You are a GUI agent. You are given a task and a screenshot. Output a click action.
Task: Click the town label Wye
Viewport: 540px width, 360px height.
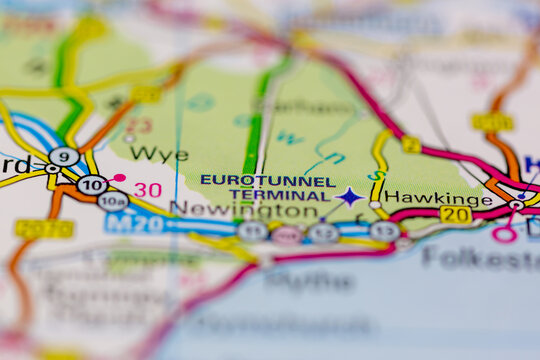pos(158,154)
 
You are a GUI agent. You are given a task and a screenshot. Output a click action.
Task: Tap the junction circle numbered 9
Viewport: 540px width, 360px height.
pos(64,156)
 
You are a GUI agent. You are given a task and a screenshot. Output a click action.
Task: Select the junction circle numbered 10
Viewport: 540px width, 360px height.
pos(92,184)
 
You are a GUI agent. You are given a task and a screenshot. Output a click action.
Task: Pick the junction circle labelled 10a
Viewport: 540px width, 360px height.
pos(112,201)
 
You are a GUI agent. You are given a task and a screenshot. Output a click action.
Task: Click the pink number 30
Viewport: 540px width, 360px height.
pos(148,189)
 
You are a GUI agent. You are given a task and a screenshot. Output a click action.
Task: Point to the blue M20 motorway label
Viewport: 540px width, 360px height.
pos(135,223)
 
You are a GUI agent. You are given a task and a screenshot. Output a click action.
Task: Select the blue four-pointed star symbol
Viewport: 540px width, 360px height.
pos(349,197)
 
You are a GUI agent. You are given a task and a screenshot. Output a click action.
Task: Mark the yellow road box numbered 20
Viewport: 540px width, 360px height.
pos(455,214)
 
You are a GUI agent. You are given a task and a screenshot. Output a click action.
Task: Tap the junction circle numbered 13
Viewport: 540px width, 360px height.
pos(384,231)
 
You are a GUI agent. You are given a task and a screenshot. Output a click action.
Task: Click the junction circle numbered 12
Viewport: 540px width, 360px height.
pos(323,233)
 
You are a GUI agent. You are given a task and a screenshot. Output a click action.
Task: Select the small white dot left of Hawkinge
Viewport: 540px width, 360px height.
pos(375,205)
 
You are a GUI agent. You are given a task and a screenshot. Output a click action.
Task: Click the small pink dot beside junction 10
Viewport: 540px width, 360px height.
pos(120,178)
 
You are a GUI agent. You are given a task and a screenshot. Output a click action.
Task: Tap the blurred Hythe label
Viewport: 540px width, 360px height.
pos(295,281)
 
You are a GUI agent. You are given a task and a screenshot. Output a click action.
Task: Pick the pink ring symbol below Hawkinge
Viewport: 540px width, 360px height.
pos(504,234)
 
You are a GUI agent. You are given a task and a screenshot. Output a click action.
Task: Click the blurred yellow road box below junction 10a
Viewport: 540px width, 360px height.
pos(44,229)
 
